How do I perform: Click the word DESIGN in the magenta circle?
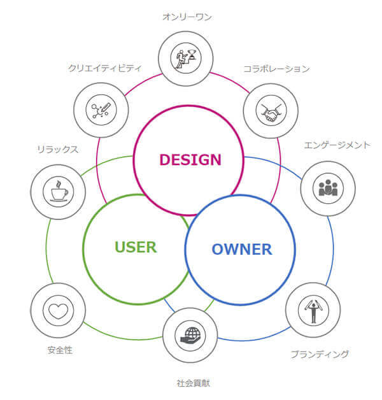click(190, 159)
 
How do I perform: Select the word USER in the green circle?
click(136, 246)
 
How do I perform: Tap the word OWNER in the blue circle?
click(241, 249)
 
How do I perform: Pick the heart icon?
click(57, 311)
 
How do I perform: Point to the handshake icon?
click(271, 111)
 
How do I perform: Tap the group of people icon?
click(327, 189)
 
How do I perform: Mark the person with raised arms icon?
click(313, 310)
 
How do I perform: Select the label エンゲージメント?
click(337, 145)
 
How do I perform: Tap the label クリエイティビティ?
click(104, 68)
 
